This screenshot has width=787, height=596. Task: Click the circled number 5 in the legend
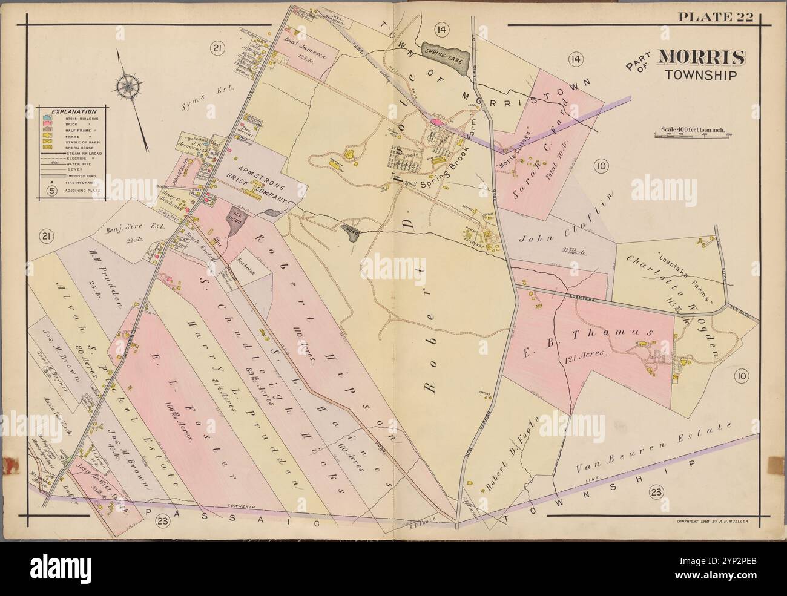click(x=52, y=189)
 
